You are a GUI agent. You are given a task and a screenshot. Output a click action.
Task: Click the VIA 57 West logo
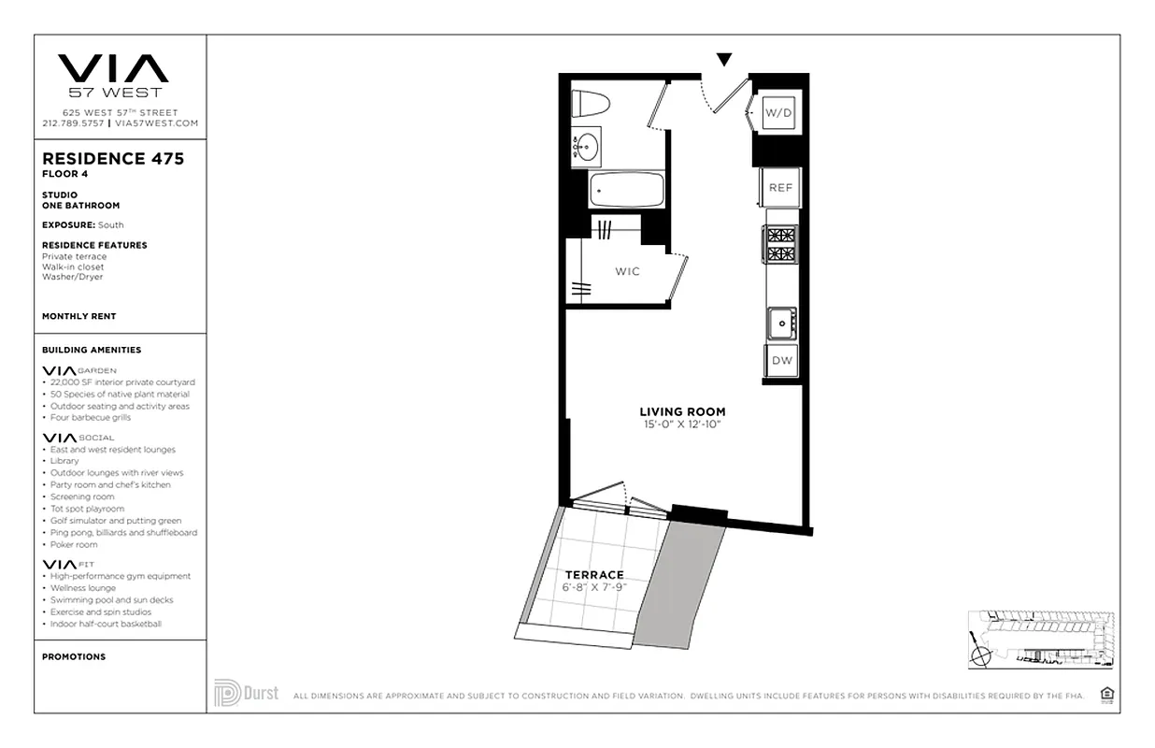pos(113,75)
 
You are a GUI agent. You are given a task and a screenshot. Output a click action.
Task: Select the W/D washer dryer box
pos(778,113)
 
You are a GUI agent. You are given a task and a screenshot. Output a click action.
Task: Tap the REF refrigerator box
pos(780,188)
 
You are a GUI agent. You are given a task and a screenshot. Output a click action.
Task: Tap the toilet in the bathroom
pos(591,102)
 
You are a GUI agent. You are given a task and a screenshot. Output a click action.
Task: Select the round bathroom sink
pos(587,147)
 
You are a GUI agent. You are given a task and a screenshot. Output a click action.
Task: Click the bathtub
pos(626,190)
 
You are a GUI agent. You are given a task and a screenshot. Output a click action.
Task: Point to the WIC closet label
pos(627,271)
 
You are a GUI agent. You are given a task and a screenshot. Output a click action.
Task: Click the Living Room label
pos(682,411)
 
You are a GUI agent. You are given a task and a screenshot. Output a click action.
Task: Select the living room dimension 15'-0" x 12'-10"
pos(682,424)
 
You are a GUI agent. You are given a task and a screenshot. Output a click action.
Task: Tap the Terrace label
pos(593,574)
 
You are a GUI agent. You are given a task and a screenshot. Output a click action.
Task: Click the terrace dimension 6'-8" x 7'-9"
pos(593,587)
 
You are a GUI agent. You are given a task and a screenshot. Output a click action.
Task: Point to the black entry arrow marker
pos(724,60)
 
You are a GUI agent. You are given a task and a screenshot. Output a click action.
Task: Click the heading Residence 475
pos(113,159)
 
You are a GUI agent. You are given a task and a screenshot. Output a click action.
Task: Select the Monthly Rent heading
pos(79,317)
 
